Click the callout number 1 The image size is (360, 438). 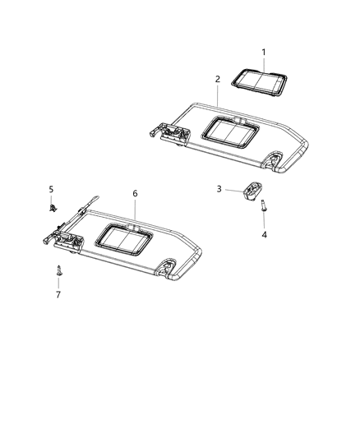(264, 52)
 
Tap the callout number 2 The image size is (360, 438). (217, 79)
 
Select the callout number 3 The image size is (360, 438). (219, 189)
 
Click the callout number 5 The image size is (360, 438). (51, 189)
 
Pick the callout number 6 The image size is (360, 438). (136, 193)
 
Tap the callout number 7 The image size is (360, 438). (58, 293)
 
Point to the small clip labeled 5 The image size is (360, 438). (52, 210)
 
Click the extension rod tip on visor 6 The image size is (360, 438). (96, 197)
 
